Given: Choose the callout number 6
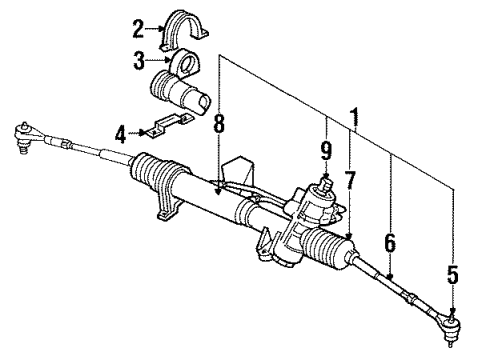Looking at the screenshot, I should click(388, 241).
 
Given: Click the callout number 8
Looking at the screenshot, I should click(218, 127).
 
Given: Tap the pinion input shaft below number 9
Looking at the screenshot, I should click(325, 186).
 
